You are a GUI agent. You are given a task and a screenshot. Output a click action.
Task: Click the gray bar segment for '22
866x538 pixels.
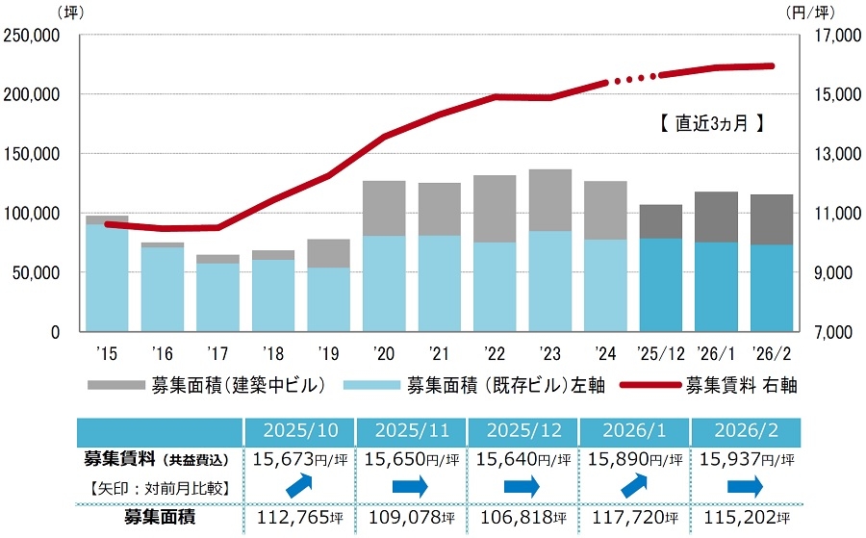tap(495, 208)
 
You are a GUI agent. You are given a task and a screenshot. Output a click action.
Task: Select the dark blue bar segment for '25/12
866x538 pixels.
tap(661, 284)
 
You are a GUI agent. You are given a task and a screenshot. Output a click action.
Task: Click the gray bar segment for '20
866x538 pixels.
tap(384, 208)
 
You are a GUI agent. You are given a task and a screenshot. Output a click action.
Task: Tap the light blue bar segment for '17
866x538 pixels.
tap(217, 296)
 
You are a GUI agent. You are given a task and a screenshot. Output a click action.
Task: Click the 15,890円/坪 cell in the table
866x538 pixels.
tap(632, 458)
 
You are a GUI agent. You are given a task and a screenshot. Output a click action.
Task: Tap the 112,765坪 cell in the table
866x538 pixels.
tap(300, 518)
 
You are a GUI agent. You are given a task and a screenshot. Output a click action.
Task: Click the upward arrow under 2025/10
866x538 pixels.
tap(300, 487)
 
